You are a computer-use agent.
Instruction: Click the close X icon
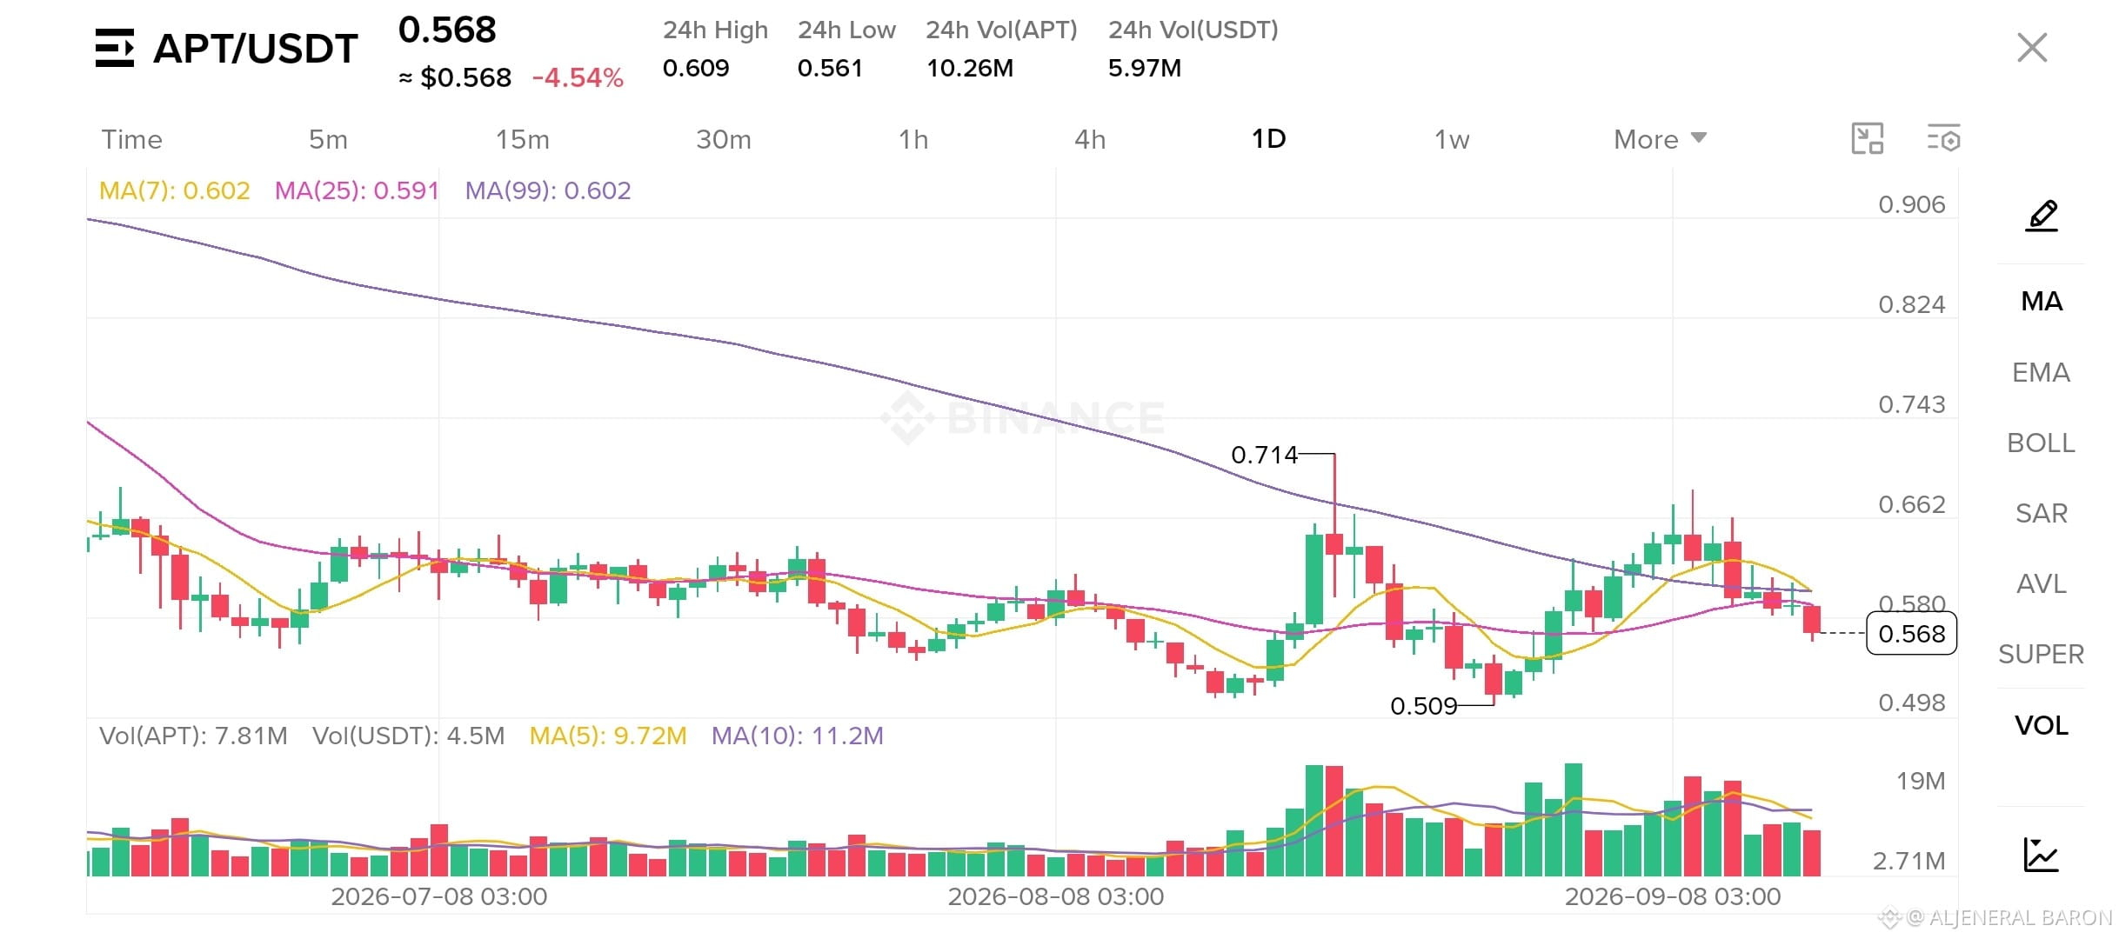[x=2032, y=48]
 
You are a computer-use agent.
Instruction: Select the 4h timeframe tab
[x=1090, y=139]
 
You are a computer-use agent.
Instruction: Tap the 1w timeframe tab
[x=1452, y=139]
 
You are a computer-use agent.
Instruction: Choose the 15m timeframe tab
[x=522, y=139]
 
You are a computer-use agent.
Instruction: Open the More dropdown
[x=1660, y=139]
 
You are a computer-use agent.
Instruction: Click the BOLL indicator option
[x=2041, y=443]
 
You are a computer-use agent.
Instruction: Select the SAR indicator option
[x=2041, y=513]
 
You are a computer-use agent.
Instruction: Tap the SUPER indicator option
[x=2041, y=654]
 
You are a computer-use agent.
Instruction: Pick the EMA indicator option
[x=2041, y=372]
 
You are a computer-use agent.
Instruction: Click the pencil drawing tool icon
[x=2042, y=215]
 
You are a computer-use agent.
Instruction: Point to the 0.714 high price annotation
[x=1264, y=454]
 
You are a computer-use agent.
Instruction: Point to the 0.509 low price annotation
[x=1423, y=705]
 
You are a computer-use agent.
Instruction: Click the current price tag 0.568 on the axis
[x=1911, y=633]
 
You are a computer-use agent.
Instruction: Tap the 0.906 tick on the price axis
[x=1911, y=204]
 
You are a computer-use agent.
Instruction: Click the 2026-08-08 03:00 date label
[x=1055, y=896]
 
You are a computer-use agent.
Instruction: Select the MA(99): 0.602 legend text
[x=548, y=190]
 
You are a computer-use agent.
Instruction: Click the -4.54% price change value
[x=578, y=77]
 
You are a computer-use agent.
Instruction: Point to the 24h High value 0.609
[x=696, y=68]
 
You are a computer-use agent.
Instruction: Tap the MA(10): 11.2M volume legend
[x=797, y=736]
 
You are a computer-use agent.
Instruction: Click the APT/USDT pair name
[x=256, y=48]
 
